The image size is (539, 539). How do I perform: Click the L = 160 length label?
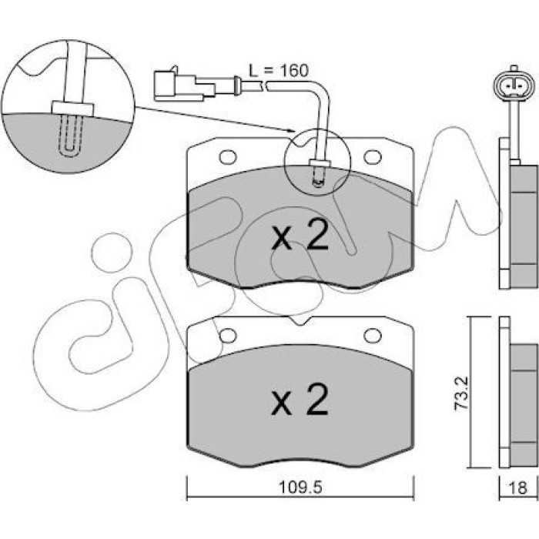click(279, 71)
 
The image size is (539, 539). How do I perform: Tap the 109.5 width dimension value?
click(300, 487)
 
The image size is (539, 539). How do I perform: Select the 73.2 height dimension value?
click(462, 393)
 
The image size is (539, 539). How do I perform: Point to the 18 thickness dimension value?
click(518, 487)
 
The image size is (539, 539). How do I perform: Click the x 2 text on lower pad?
click(300, 400)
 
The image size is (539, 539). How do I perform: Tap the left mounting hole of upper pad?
click(228, 157)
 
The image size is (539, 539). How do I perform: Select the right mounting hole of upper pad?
click(373, 157)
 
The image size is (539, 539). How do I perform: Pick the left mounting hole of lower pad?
click(228, 336)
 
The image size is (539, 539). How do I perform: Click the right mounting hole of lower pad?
click(373, 336)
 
